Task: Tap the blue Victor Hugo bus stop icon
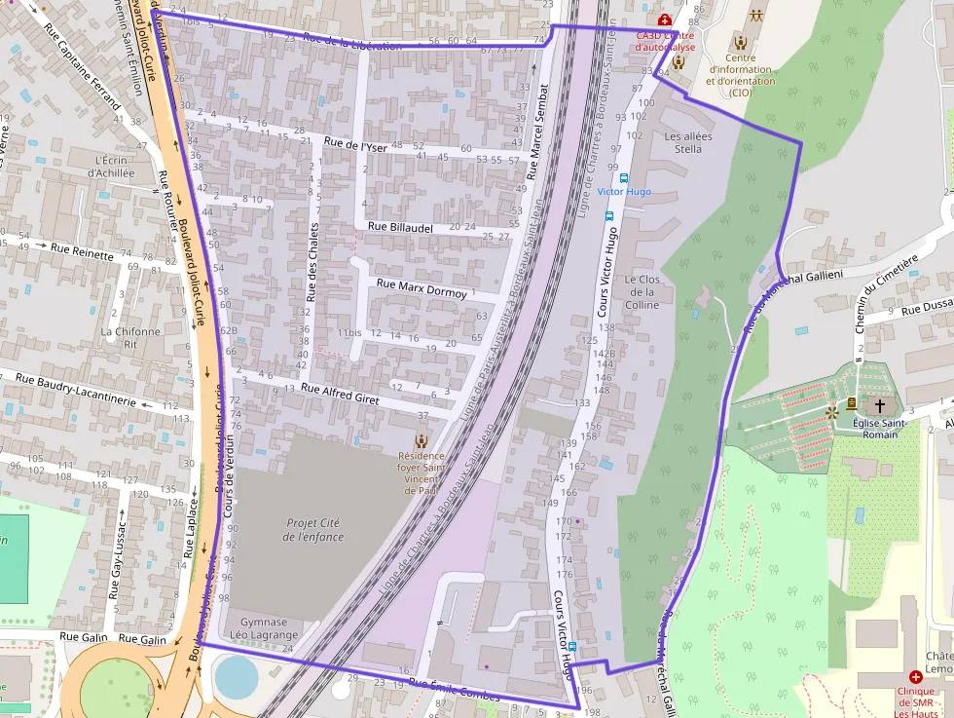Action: point(624,178)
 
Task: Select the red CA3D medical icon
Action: point(664,19)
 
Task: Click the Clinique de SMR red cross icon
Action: point(915,676)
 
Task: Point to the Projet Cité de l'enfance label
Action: point(314,530)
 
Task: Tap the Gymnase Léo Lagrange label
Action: point(264,628)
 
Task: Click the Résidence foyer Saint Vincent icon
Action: point(421,440)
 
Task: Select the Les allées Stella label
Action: point(688,142)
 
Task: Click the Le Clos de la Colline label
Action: point(642,292)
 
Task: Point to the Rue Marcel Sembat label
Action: point(537,131)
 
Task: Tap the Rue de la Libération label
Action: point(351,42)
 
